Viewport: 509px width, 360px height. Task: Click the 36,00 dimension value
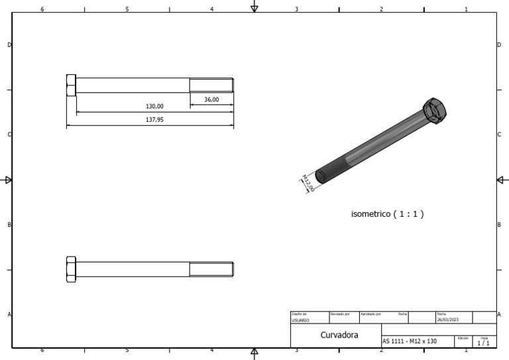click(x=211, y=99)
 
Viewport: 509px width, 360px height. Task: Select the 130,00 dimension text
click(x=154, y=106)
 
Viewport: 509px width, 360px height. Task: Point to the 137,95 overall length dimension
click(x=154, y=120)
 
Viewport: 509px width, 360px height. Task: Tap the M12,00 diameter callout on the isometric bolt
click(x=308, y=183)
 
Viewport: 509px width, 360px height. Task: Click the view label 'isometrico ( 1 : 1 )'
click(x=387, y=214)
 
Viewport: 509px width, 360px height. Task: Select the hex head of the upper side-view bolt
click(x=71, y=86)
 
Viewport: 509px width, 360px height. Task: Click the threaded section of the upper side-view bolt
click(x=211, y=86)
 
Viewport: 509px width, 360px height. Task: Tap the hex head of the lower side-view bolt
click(x=71, y=269)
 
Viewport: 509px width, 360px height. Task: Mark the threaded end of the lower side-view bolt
click(x=211, y=269)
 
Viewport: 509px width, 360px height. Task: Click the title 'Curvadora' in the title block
click(x=339, y=335)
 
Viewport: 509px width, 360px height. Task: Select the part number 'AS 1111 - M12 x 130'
click(x=409, y=341)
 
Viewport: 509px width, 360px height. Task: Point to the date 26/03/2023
click(x=447, y=320)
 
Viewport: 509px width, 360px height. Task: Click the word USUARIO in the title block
click(x=300, y=320)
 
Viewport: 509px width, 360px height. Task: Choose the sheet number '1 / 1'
click(x=484, y=343)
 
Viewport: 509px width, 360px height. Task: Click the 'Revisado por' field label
click(x=339, y=314)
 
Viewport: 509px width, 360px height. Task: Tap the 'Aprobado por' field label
click(x=370, y=314)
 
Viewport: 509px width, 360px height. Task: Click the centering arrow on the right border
click(x=502, y=180)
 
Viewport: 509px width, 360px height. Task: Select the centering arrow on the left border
click(x=7, y=180)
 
